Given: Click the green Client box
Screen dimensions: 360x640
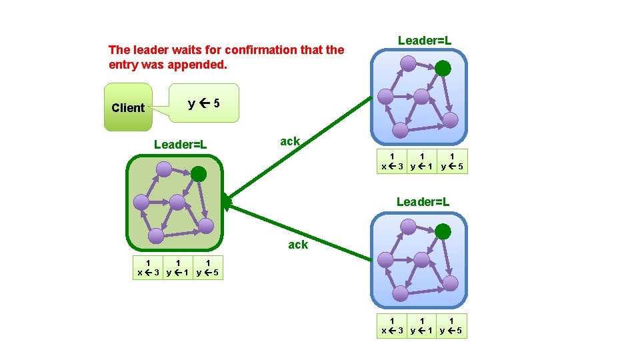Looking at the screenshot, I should pyautogui.click(x=128, y=107).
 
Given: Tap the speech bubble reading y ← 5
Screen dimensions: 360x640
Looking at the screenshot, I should pyautogui.click(x=203, y=103).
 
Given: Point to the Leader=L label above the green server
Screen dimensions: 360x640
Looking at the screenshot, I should pyautogui.click(x=180, y=144).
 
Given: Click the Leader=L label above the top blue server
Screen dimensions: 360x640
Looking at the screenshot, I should pyautogui.click(x=425, y=40).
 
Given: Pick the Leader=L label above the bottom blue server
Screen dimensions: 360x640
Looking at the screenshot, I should pyautogui.click(x=423, y=201).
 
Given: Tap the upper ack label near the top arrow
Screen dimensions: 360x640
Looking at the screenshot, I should pyautogui.click(x=290, y=141).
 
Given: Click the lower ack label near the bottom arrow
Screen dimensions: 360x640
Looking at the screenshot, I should pyautogui.click(x=298, y=245).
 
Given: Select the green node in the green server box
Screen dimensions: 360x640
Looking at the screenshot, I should pyautogui.click(x=199, y=174).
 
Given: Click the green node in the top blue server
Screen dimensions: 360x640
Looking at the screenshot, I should pyautogui.click(x=443, y=68).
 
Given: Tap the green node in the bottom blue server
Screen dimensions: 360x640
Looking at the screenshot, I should pyautogui.click(x=443, y=231).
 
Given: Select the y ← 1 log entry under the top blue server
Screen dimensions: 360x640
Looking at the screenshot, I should pyautogui.click(x=422, y=161).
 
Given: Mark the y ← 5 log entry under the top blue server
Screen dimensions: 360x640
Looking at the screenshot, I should pyautogui.click(x=453, y=161).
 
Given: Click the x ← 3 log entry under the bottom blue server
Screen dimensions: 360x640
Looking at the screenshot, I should pyautogui.click(x=392, y=326).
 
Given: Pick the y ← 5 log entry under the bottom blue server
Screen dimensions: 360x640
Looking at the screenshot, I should pyautogui.click(x=453, y=326).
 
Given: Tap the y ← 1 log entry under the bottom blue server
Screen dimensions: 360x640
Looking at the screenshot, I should pyautogui.click(x=422, y=326).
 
